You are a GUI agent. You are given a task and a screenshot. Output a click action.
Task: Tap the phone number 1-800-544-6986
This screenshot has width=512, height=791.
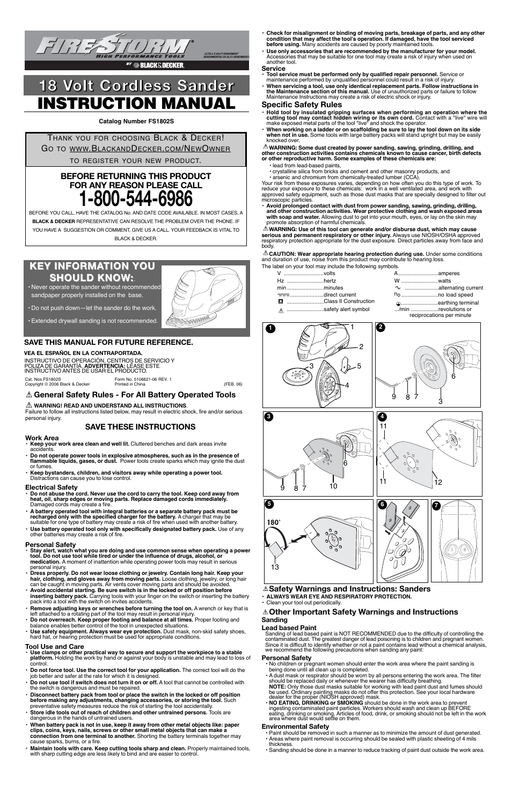[x=135, y=199]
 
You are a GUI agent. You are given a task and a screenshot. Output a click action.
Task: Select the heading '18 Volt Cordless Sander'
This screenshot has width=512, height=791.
[x=136, y=86]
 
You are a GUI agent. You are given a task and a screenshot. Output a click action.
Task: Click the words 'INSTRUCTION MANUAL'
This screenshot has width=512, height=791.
[x=136, y=104]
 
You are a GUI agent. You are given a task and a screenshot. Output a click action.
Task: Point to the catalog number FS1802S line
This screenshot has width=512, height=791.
[x=136, y=121]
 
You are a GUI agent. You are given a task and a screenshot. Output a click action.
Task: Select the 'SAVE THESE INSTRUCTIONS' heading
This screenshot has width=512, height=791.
[x=140, y=427]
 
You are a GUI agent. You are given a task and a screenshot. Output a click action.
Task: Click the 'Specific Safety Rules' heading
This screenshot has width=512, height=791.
[x=302, y=105]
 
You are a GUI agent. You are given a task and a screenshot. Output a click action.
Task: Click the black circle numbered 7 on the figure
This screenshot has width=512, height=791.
[x=436, y=505]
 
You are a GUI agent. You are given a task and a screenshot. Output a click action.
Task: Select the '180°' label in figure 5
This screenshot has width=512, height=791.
[x=274, y=522]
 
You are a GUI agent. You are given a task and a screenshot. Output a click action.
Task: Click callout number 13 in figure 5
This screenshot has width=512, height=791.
[x=275, y=567]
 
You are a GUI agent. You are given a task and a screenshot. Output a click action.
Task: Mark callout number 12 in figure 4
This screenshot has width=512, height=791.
[x=438, y=482]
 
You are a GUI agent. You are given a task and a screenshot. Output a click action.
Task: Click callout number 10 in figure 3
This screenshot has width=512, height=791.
[x=333, y=486]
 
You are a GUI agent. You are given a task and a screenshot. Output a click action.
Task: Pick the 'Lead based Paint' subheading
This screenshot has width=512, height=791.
[x=289, y=627]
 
